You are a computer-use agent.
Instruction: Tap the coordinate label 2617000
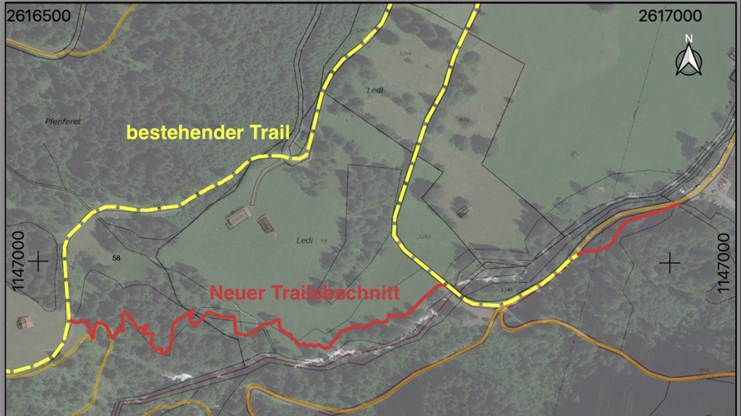tap(670, 16)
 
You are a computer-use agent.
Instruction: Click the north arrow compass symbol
tap(689, 61)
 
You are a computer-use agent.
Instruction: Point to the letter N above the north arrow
tap(689, 39)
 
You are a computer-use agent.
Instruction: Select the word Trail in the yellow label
tap(261, 131)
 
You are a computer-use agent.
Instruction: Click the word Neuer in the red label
tap(236, 293)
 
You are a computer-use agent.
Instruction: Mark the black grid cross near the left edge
tap(38, 262)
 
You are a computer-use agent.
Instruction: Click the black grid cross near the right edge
tap(669, 263)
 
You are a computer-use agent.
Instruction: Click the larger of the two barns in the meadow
tap(240, 218)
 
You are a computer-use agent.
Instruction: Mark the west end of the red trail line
tap(70, 322)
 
